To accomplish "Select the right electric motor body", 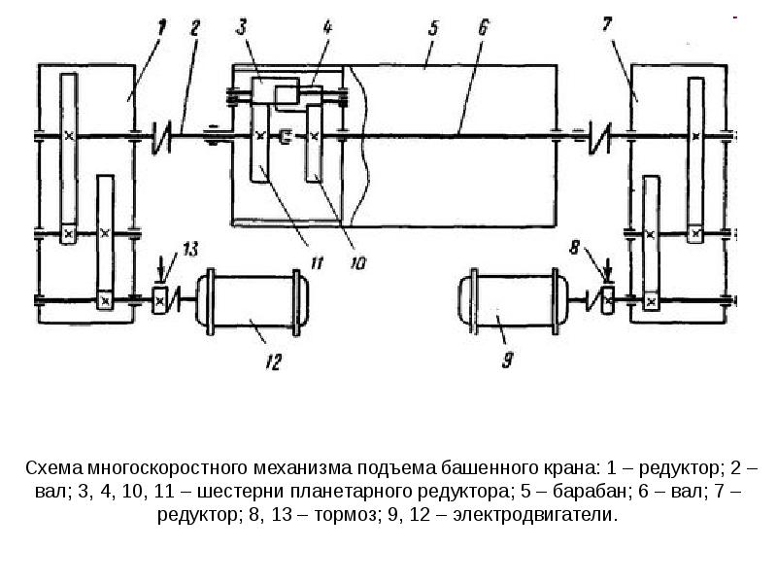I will (x=507, y=301).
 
